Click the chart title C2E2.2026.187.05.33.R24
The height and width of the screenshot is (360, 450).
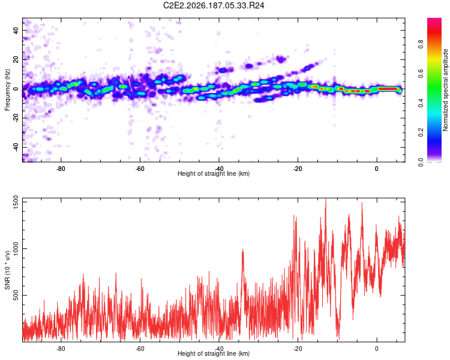pyautogui.click(x=214, y=5)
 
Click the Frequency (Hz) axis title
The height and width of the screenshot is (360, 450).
pyautogui.click(x=7, y=90)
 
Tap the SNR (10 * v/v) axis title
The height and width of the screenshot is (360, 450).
pyautogui.click(x=7, y=270)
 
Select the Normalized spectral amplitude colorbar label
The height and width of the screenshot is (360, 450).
pyautogui.click(x=445, y=90)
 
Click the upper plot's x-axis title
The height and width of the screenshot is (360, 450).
pyautogui.click(x=214, y=173)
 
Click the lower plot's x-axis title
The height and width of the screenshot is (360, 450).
pyautogui.click(x=214, y=353)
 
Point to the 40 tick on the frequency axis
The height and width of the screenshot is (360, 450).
pyautogui.click(x=16, y=31)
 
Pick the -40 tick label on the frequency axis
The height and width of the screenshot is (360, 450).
pyautogui.click(x=16, y=148)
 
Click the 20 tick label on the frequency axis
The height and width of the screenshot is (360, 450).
pyautogui.click(x=16, y=60)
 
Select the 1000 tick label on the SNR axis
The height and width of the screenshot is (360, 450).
pyautogui.click(x=16, y=248)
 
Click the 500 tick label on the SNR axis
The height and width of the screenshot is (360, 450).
pyautogui.click(x=16, y=295)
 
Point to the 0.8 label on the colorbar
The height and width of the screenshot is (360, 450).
pyautogui.click(x=421, y=44)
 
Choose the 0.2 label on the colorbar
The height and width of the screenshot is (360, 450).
pyautogui.click(x=421, y=133)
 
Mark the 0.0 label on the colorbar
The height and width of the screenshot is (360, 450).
pyautogui.click(x=421, y=162)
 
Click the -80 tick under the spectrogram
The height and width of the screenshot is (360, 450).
pyautogui.click(x=61, y=169)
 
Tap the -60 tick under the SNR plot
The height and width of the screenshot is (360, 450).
pyautogui.click(x=140, y=349)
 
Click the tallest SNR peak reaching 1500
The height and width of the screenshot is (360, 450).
pyautogui.click(x=325, y=200)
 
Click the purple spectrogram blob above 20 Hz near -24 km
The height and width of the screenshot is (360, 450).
pyautogui.click(x=281, y=59)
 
